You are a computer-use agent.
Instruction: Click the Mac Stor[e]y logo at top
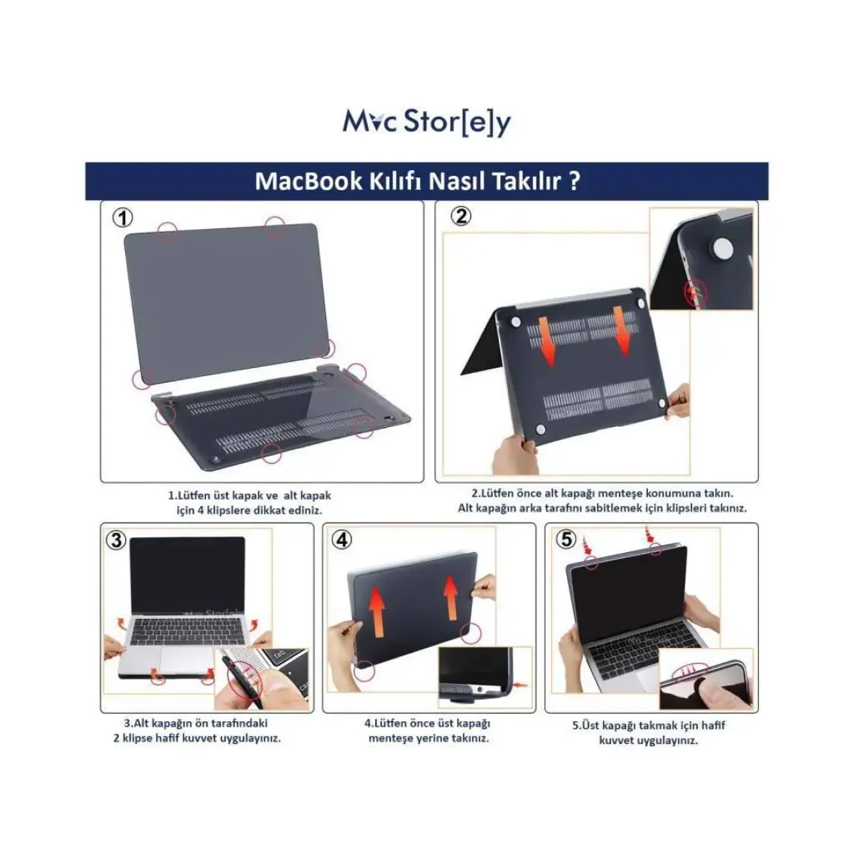coord(426,123)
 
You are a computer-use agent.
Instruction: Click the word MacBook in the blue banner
coord(309,181)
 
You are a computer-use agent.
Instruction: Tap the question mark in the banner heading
coord(574,181)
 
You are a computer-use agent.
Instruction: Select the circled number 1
coord(123,218)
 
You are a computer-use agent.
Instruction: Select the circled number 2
coord(461,216)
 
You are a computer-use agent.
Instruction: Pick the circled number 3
coord(116,540)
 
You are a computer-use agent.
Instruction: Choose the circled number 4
coord(342,539)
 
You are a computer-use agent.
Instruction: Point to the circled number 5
coord(566,539)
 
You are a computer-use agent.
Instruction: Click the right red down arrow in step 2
coord(622,330)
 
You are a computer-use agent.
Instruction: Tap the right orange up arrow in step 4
coord(451,598)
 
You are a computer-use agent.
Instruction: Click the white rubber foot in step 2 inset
coord(723,247)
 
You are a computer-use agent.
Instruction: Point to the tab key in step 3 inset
coord(279,655)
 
